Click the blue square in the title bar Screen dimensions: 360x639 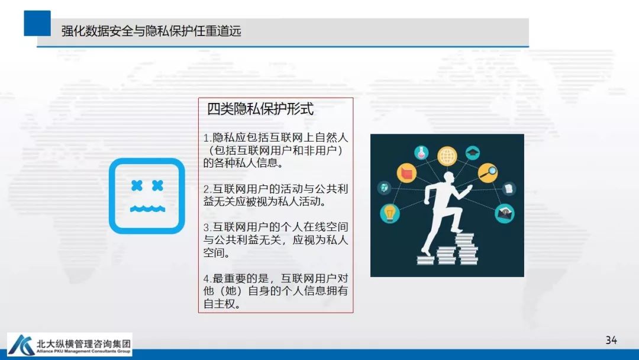click(x=37, y=23)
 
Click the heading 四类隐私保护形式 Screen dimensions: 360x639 click(x=260, y=109)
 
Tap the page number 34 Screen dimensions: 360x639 click(x=611, y=340)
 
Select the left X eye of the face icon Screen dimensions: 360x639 click(x=137, y=186)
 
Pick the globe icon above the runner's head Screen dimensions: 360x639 click(x=447, y=156)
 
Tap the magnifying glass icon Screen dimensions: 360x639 click(x=488, y=172)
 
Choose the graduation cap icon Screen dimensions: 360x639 click(x=472, y=153)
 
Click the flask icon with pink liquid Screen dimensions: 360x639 click(x=421, y=152)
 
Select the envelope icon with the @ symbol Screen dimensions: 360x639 click(x=504, y=212)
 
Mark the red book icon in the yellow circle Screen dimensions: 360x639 click(x=406, y=173)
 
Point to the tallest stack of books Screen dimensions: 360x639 click(x=467, y=249)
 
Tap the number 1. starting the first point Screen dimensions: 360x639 click(x=207, y=138)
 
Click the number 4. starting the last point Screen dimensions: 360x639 click(x=207, y=278)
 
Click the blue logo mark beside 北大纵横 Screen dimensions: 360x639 click(x=21, y=345)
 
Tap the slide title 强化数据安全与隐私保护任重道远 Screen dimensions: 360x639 click(x=151, y=31)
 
